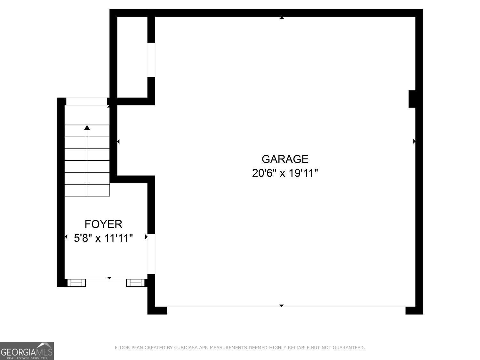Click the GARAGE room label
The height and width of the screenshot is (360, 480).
[285, 159]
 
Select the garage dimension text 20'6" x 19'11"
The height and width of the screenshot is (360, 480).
[285, 173]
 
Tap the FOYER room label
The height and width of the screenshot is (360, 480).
[103, 224]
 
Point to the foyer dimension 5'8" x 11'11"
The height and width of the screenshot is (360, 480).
[103, 238]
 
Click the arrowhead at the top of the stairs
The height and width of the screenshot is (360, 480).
[87, 128]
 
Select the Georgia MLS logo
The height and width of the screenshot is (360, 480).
[27, 351]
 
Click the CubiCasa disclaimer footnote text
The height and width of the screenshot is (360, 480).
[240, 348]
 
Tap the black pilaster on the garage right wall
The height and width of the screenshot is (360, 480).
[412, 99]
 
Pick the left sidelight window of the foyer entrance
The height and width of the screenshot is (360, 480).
[76, 283]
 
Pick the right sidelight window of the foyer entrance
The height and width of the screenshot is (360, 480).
[135, 283]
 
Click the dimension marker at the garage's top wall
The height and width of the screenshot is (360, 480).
[282, 18]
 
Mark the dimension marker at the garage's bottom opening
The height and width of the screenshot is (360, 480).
[282, 306]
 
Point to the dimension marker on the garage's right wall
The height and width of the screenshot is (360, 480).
[414, 141]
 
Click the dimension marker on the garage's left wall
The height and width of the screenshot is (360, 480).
[118, 141]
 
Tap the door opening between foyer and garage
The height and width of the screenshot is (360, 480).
[151, 254]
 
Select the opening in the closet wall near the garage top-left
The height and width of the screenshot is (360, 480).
[151, 60]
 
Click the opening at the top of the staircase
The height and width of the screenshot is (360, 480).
[86, 101]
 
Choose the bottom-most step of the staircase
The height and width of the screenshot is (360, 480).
[87, 190]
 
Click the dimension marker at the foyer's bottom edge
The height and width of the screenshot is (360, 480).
[109, 278]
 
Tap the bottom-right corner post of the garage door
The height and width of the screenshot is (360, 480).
[414, 310]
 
